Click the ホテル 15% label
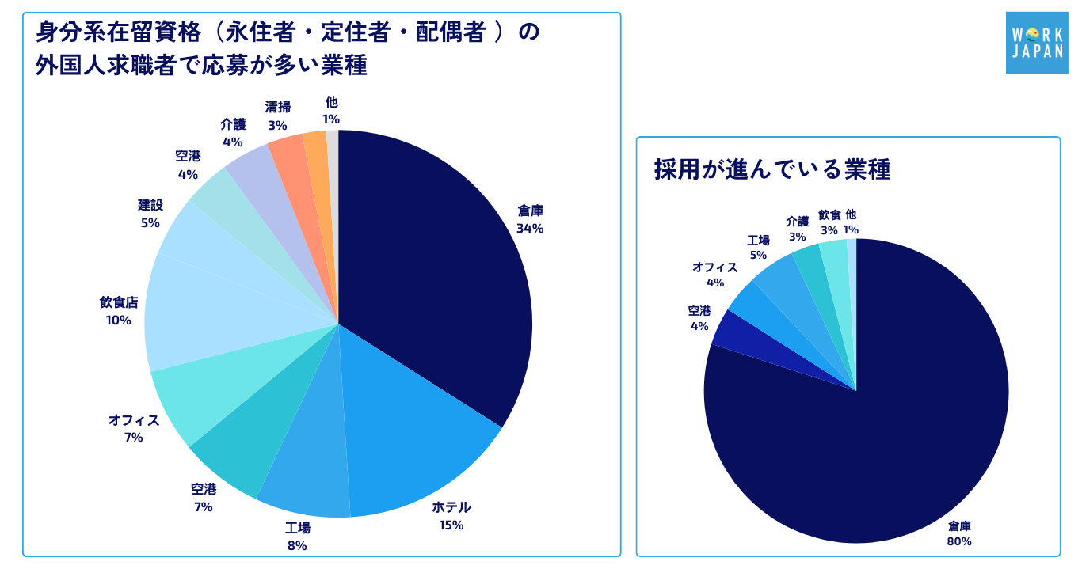point(451,515)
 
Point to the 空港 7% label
point(204,498)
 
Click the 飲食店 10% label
point(119,311)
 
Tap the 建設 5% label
point(150,214)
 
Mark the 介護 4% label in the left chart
point(232,133)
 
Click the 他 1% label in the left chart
point(331,111)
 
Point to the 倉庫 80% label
point(959,533)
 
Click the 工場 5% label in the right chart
point(759,248)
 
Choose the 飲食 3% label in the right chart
point(829,222)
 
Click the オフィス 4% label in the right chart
point(715,275)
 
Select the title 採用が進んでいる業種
point(772,170)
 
